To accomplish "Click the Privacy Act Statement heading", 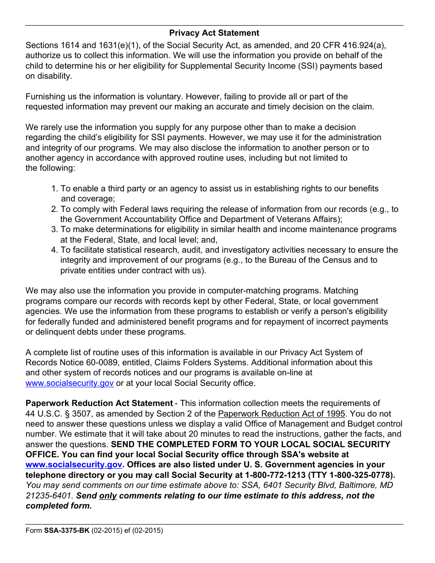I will coord(214,33).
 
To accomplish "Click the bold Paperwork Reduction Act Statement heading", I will coord(99,403).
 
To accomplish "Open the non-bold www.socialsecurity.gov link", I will coord(70,383).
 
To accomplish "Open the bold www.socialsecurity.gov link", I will coord(74,465).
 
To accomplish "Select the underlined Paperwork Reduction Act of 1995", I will coord(281,414).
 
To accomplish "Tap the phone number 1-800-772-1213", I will coord(272,475).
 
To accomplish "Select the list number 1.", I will coord(54,189).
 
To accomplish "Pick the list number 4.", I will coord(54,250).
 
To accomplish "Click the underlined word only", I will coord(108,496).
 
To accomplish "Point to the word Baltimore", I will coord(350,485).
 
